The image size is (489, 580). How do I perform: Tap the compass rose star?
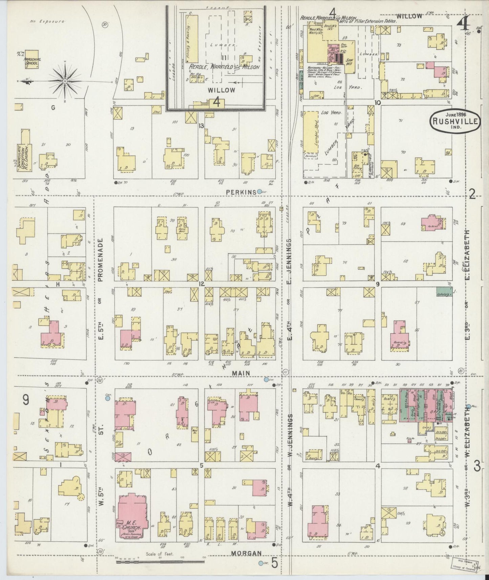pyautogui.click(x=65, y=81)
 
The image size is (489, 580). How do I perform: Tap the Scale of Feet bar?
pyautogui.click(x=160, y=562)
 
